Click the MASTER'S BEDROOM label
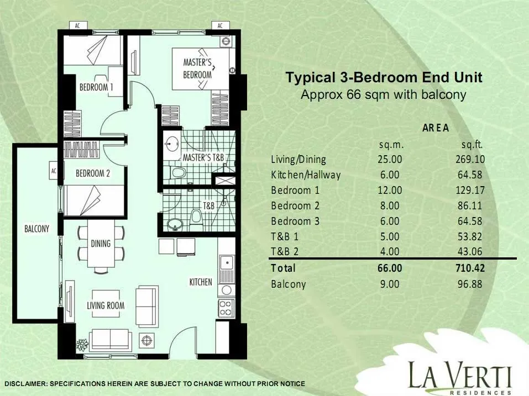198,68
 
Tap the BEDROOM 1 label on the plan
96,87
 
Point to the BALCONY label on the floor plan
37,229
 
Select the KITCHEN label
201,282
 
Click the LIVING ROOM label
106,305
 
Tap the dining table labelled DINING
101,244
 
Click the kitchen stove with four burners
226,308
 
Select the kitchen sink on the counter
227,263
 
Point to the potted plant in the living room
82,345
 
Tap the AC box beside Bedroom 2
54,171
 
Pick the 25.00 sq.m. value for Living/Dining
390,159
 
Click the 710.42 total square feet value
470,268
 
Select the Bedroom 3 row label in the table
295,221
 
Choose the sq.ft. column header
472,145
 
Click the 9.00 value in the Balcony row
390,284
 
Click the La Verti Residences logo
460,377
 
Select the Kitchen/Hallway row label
306,175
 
